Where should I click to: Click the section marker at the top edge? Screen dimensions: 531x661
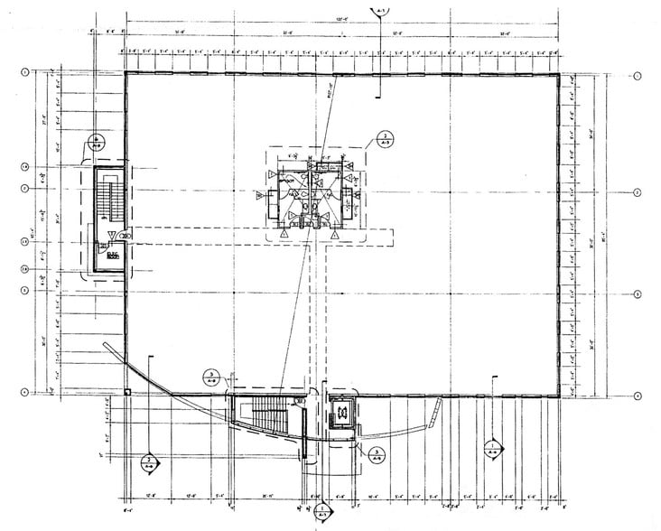(377, 8)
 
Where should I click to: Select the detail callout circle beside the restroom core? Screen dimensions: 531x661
(383, 138)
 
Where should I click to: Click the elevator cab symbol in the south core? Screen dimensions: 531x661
(342, 413)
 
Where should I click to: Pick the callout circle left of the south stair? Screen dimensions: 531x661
(209, 377)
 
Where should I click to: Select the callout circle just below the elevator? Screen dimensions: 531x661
(374, 453)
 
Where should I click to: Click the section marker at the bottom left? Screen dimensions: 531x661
(148, 465)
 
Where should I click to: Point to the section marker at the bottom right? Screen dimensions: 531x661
(492, 449)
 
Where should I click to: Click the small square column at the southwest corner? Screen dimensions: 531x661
(128, 392)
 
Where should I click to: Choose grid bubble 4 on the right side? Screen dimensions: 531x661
(637, 396)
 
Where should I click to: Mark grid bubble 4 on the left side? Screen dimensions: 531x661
(24, 391)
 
